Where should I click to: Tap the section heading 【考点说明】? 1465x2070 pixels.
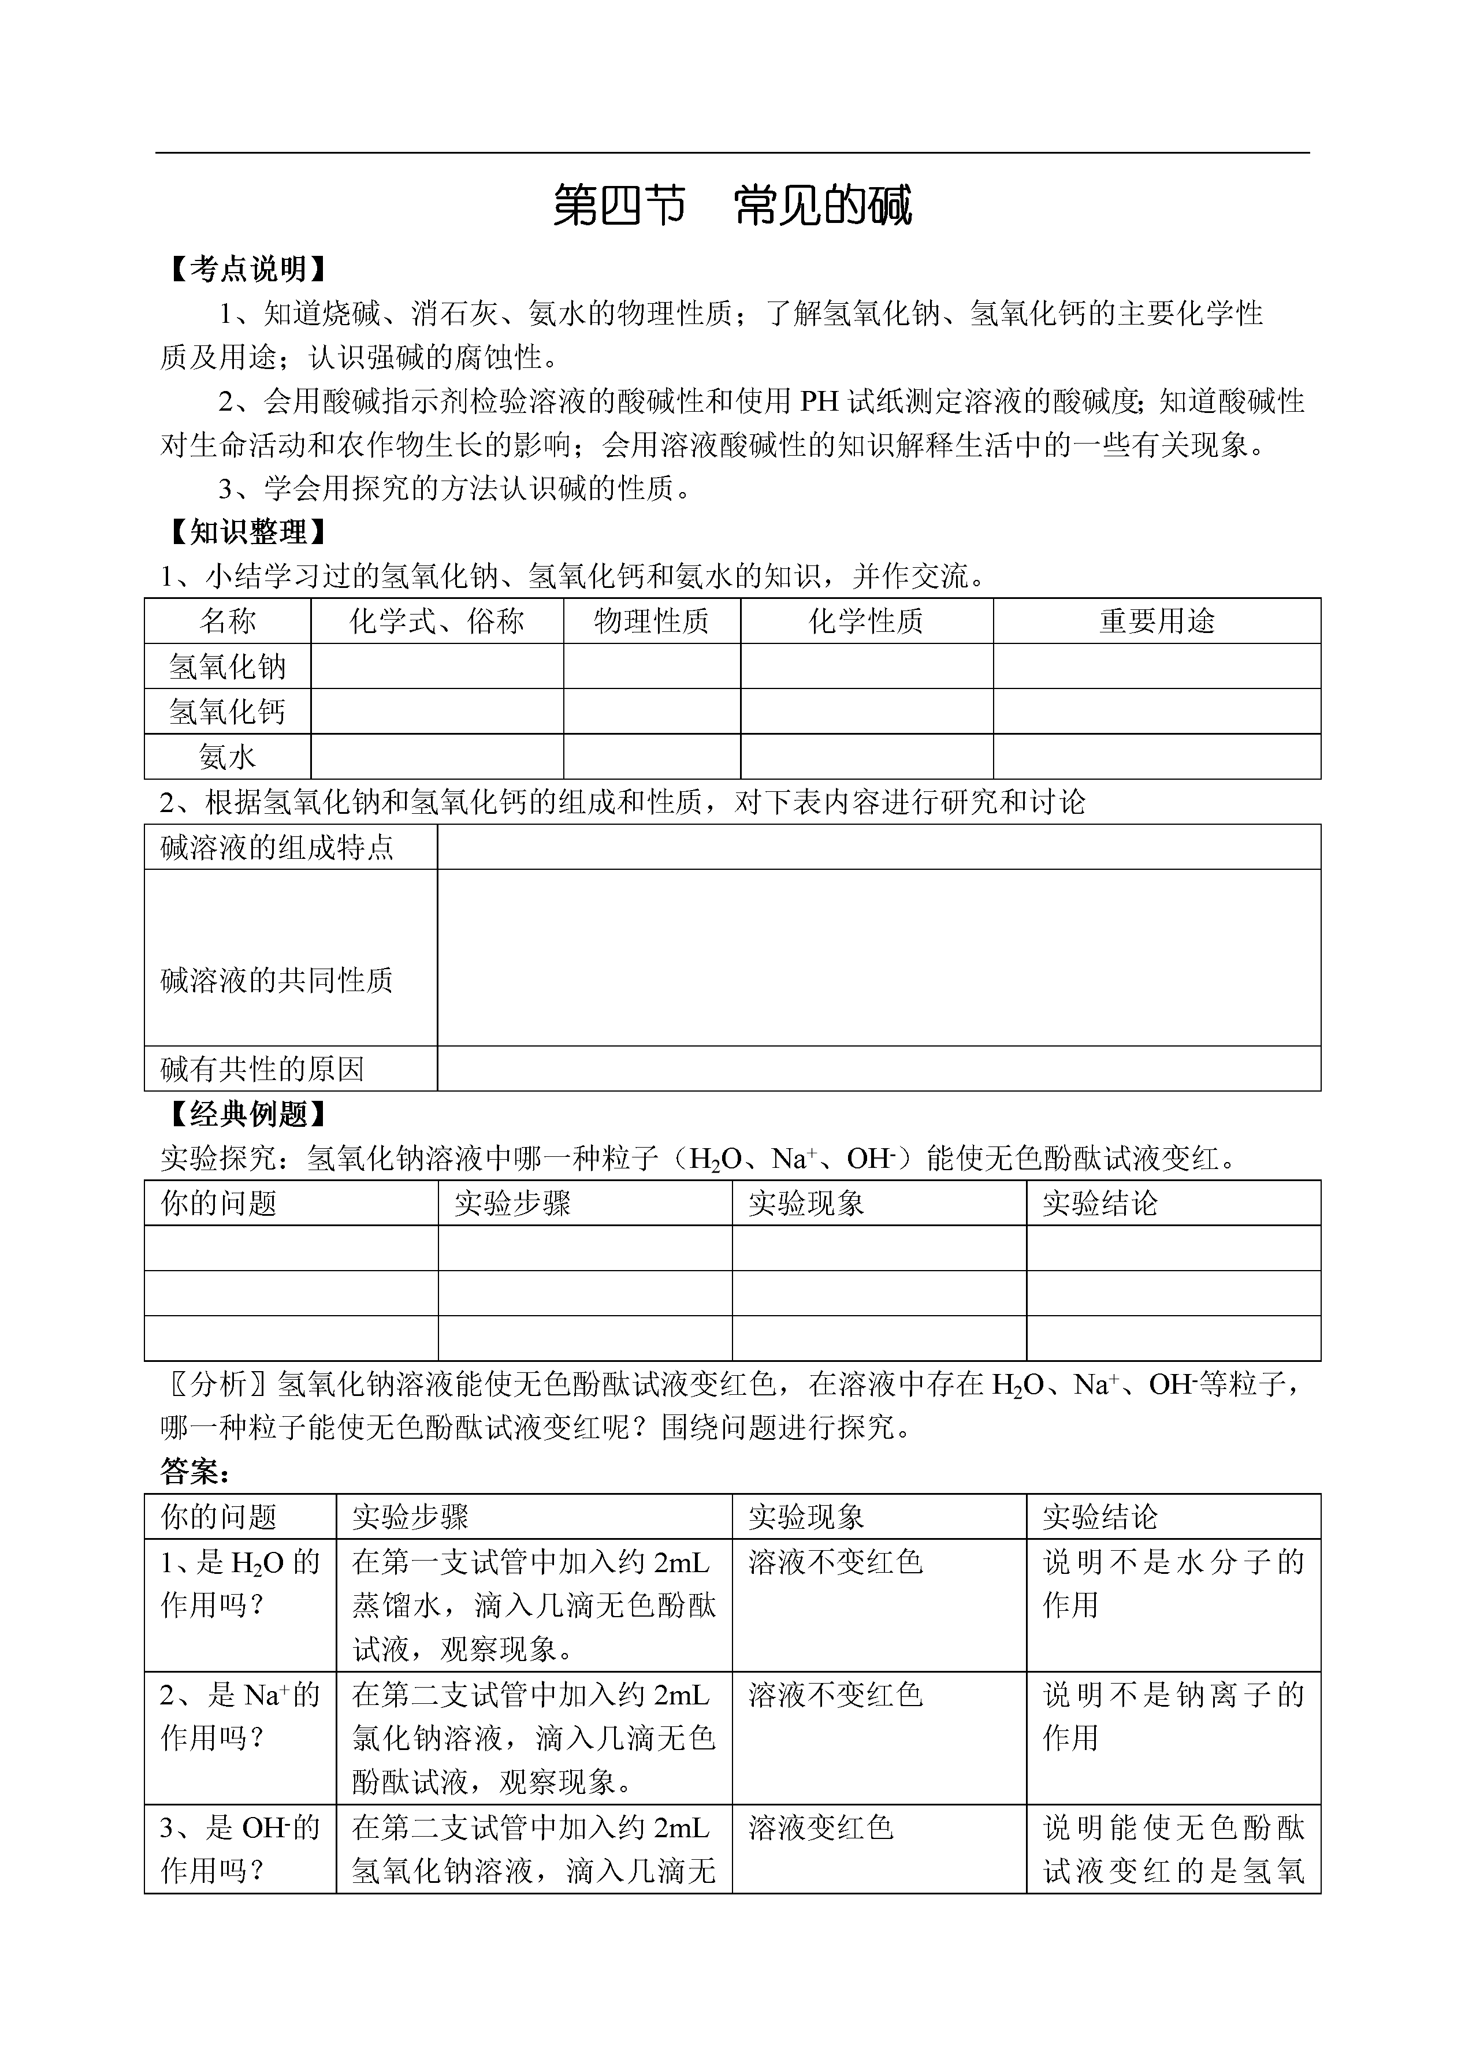248,269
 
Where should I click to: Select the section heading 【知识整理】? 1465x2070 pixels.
248,532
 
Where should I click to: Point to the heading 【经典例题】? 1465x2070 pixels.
248,1115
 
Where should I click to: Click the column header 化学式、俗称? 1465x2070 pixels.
437,621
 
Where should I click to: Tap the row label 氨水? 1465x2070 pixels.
228,757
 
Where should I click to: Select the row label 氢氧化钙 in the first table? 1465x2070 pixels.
228,712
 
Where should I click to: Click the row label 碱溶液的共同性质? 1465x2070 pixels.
277,981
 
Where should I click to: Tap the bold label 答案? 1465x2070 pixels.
195,1473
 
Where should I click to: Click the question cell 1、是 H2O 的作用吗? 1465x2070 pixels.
240,1584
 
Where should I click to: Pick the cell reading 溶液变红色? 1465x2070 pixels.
821,1828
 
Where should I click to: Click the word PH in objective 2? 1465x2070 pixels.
820,400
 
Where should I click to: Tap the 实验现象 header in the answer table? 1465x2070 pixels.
805,1517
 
